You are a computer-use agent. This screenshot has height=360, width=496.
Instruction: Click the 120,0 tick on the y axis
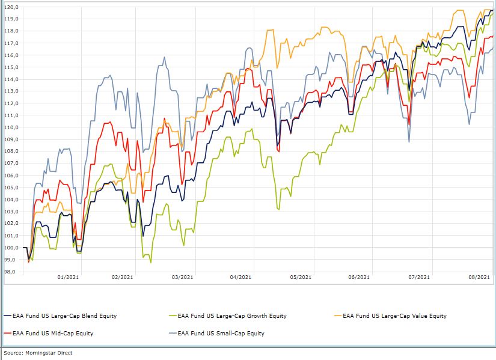coord(11,7)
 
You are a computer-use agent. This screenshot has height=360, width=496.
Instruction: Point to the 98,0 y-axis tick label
coord(11,272)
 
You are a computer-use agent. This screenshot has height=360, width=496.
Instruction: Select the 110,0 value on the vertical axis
coord(11,127)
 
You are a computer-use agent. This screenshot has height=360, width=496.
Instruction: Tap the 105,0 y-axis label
coord(11,188)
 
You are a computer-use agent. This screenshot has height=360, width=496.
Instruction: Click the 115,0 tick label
coord(11,67)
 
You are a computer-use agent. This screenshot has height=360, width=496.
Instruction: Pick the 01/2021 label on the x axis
coord(67,277)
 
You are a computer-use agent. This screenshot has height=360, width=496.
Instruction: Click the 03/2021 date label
coord(183,277)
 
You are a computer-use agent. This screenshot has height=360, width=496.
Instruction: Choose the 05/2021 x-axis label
coord(301,277)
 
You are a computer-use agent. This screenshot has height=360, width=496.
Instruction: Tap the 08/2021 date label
coord(479,277)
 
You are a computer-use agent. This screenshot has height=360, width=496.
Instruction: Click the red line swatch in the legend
coord(7,333)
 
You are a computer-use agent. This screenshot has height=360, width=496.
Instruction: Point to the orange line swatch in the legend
coord(338,316)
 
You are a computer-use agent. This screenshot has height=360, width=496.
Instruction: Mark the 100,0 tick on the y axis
coord(11,248)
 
